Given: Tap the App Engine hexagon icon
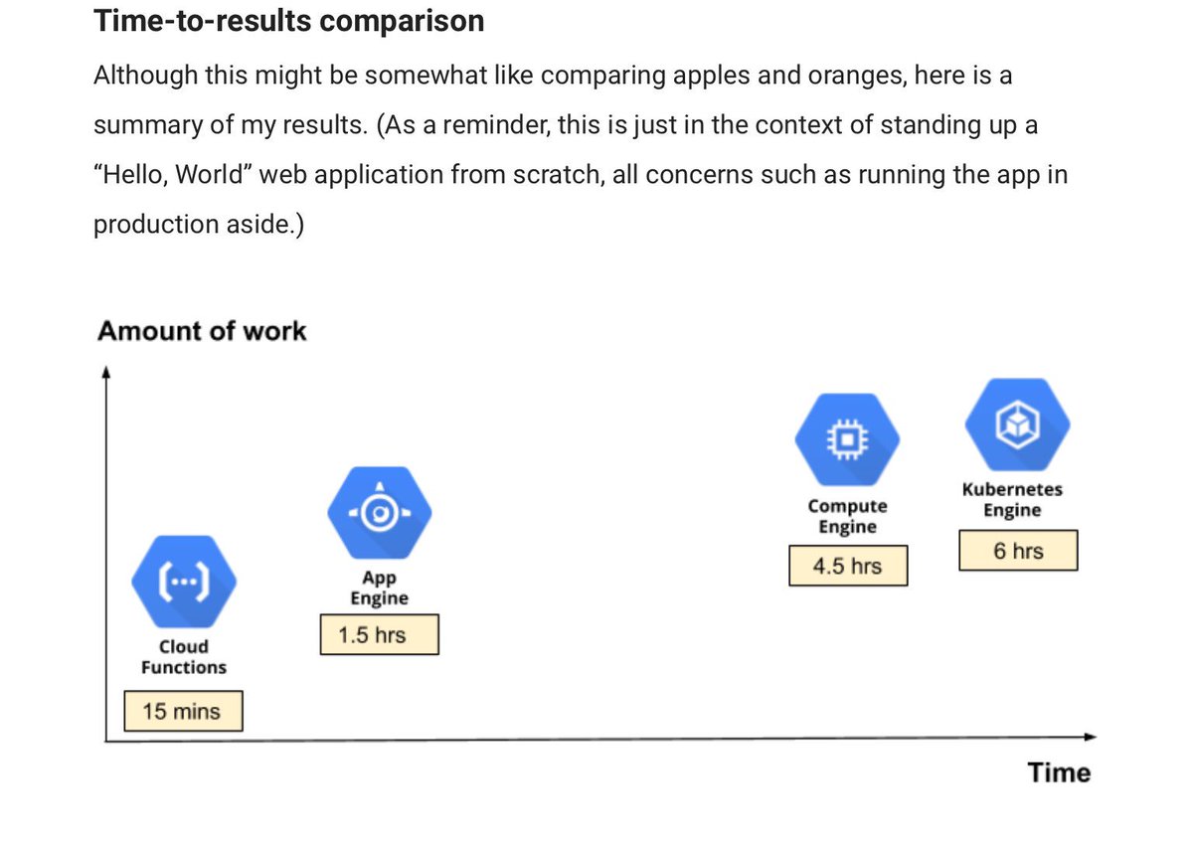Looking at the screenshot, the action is [x=380, y=513].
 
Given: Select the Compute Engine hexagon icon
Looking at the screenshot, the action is [x=847, y=437].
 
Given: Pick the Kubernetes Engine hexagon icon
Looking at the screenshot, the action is [x=1018, y=424].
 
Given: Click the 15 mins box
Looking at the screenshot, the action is [x=183, y=712].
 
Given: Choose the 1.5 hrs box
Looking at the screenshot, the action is [x=379, y=635].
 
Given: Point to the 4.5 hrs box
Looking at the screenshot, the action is [x=847, y=566].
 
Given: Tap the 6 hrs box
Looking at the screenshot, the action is [x=1018, y=551].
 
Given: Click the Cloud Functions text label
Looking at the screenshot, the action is [x=184, y=657].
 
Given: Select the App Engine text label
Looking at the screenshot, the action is [x=380, y=588].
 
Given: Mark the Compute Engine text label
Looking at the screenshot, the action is [x=847, y=516].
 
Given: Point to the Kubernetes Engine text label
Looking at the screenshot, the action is [x=1012, y=500].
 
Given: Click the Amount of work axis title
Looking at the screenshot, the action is [x=202, y=331].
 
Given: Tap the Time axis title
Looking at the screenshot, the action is [x=1059, y=773].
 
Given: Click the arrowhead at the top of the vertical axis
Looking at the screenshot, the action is [x=105, y=373].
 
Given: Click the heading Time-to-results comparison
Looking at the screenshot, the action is [x=289, y=21].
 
